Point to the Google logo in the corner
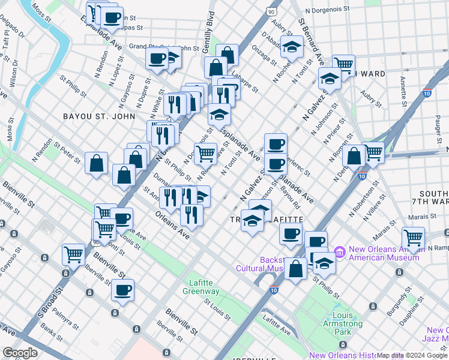point(20,353)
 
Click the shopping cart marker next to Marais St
point(413,238)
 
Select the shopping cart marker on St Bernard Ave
point(343,65)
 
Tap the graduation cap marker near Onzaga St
point(292,46)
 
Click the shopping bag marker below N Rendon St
point(97,163)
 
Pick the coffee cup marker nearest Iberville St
point(123,291)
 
